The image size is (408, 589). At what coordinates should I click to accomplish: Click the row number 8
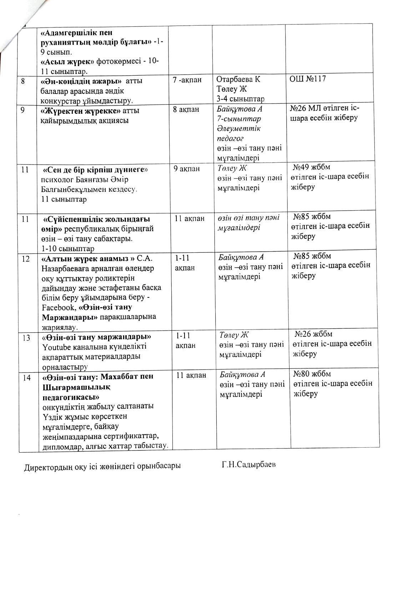coord(23,81)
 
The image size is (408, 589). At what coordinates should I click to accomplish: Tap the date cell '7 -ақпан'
coord(187,80)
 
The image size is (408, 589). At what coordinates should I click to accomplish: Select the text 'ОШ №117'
coord(307,79)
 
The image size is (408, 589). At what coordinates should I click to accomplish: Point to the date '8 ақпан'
coord(186,110)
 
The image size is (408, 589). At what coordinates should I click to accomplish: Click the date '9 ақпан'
coord(187,169)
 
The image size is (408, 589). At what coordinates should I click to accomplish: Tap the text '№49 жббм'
coord(312,167)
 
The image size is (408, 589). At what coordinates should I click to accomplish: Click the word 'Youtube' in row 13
coord(55,347)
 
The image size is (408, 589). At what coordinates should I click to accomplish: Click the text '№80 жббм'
coord(312,374)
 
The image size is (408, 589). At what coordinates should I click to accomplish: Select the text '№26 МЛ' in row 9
coord(305,109)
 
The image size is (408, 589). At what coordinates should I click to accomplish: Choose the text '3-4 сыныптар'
coord(240,99)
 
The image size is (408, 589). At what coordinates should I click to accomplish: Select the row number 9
coord(23,110)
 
